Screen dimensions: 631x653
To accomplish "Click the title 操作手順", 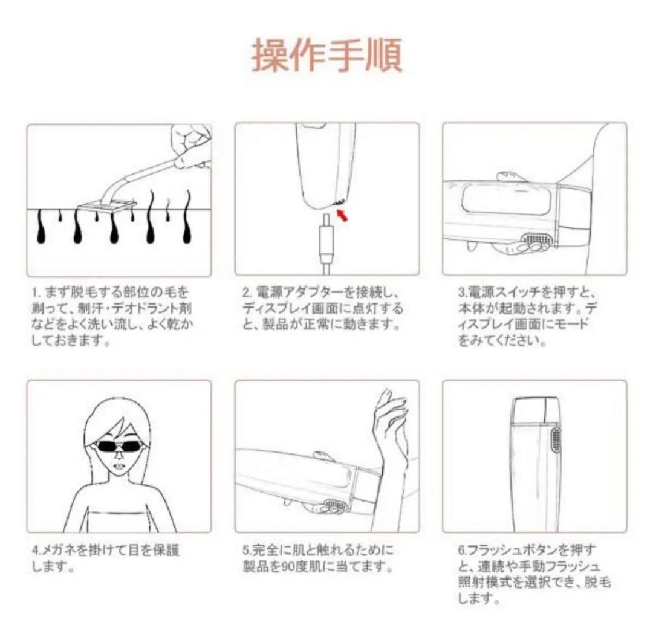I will pos(326,56).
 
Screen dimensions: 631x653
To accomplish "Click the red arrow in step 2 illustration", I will pos(343,215).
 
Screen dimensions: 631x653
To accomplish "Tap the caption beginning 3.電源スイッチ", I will pos(526,316).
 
